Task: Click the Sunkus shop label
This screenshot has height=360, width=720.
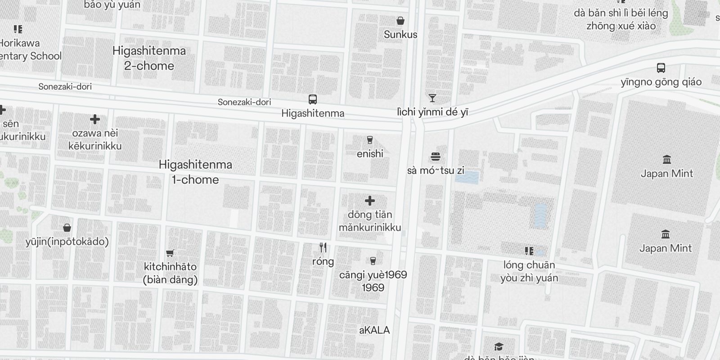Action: [400, 35]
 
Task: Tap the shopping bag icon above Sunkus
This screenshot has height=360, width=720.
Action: [400, 21]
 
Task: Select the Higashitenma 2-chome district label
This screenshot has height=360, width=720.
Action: [149, 58]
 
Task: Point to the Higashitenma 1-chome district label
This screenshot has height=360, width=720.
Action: [195, 172]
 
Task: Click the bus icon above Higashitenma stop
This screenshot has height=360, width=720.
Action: [312, 99]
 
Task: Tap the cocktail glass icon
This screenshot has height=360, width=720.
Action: [432, 98]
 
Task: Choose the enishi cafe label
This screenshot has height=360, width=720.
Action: [370, 154]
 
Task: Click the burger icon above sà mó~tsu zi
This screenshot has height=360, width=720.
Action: [435, 157]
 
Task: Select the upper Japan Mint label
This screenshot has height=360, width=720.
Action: [666, 174]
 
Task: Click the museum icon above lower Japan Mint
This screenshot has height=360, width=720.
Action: [665, 234]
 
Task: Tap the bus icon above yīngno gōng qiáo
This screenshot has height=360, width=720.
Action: [661, 68]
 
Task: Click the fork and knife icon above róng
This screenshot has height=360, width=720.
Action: [323, 247]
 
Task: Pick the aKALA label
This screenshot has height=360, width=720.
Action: [374, 330]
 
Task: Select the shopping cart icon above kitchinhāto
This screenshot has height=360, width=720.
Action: [170, 253]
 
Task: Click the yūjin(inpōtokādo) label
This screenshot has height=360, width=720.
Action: [67, 242]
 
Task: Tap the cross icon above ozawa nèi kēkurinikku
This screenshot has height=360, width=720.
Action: [94, 119]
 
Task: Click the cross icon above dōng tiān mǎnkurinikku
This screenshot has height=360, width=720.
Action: [369, 201]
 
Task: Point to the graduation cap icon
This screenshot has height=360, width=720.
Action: [498, 346]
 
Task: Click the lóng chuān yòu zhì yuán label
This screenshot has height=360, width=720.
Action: [529, 271]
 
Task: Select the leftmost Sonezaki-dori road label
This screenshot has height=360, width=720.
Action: [65, 86]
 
